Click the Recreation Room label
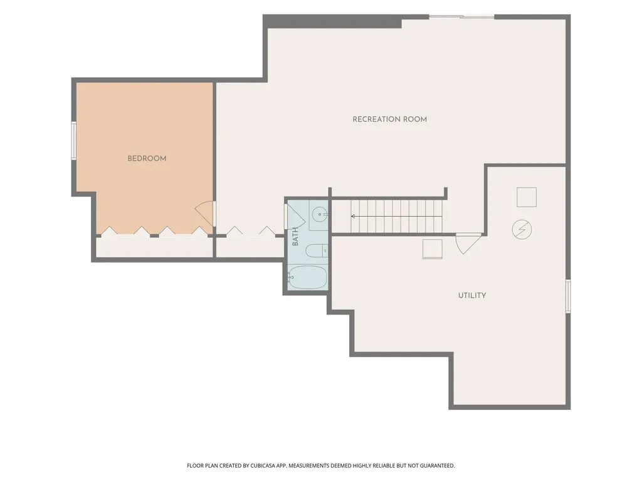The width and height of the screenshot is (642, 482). (390, 119)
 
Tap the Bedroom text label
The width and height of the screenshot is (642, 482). (147, 159)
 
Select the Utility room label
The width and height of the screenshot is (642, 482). (472, 296)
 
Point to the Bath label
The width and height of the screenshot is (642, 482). (295, 237)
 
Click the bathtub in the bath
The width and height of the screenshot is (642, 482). (307, 277)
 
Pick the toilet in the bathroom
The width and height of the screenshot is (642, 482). (317, 250)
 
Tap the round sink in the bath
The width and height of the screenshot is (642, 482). (319, 215)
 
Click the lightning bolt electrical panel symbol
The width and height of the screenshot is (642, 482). (522, 230)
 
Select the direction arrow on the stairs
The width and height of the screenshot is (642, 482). (397, 217)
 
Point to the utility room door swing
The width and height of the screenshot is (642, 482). (468, 244)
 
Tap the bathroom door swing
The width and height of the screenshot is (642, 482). (297, 216)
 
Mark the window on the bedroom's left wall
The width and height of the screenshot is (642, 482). (74, 141)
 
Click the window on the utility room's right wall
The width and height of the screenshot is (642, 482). (568, 296)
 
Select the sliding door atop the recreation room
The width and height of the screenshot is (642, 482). (462, 17)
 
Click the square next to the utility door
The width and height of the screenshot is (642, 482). (433, 249)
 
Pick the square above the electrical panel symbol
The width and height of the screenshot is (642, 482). (527, 197)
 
